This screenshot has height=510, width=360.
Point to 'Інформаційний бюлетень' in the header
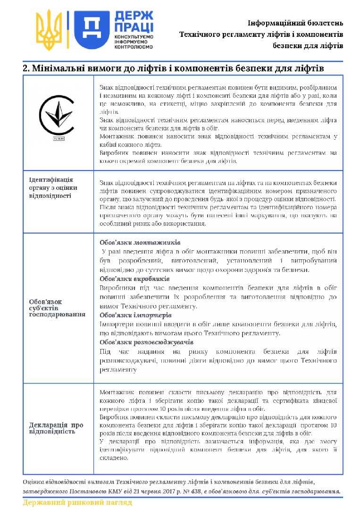[x=295, y=23]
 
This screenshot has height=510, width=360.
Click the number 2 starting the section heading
[x=25, y=68]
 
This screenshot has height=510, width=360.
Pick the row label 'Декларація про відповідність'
[x=56, y=428]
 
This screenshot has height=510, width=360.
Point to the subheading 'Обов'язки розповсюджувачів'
[x=140, y=342]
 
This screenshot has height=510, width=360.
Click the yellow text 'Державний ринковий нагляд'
[x=77, y=502]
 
